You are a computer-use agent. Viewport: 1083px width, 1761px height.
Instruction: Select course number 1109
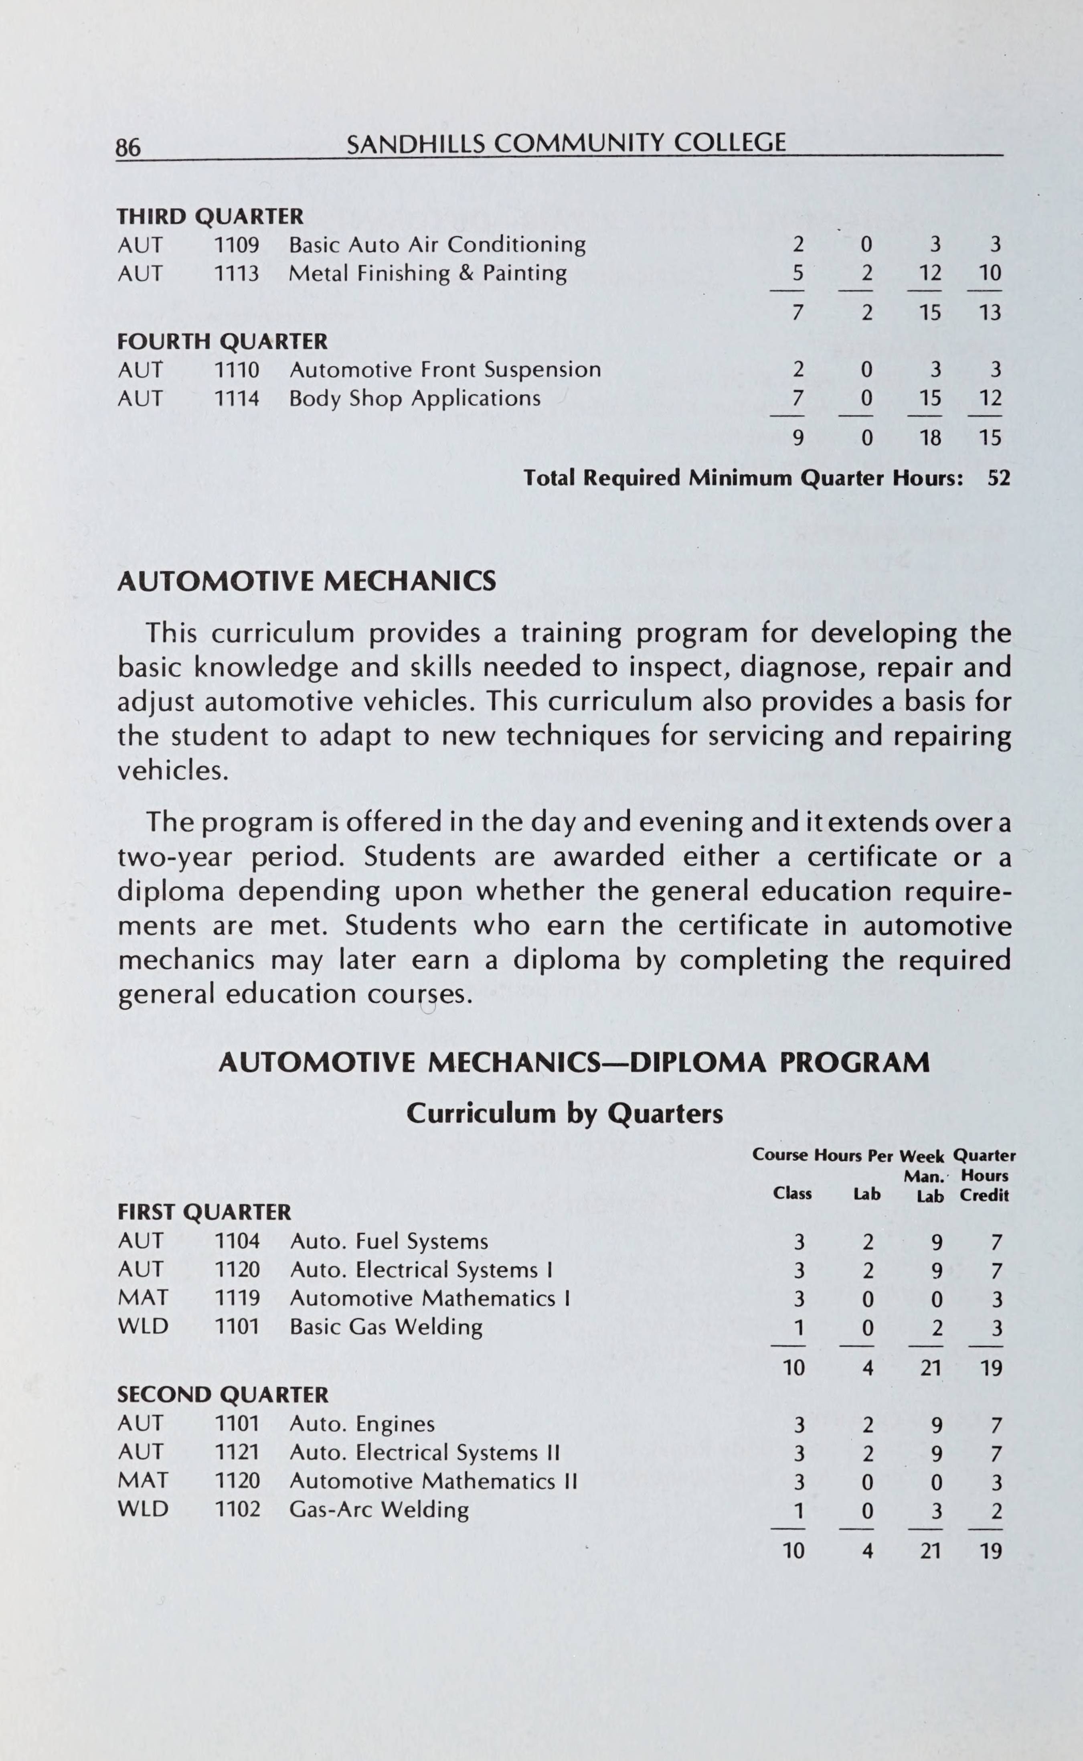(237, 245)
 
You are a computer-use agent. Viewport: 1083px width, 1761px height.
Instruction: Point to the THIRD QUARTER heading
(210, 216)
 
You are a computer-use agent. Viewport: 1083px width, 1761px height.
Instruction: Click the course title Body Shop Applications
(415, 398)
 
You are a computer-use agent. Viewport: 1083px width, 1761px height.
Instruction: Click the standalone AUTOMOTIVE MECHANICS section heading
(307, 581)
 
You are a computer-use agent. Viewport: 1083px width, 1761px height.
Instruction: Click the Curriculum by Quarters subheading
(565, 1113)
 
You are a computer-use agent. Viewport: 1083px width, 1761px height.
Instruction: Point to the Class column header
(792, 1193)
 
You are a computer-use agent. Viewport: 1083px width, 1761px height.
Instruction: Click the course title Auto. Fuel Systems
(389, 1242)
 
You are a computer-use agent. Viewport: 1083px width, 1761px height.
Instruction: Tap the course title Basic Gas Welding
(386, 1327)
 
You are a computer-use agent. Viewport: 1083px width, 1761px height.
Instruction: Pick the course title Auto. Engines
(362, 1424)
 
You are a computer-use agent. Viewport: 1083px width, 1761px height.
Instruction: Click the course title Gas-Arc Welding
(379, 1510)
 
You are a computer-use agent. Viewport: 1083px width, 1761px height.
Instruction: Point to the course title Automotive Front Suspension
(445, 370)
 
